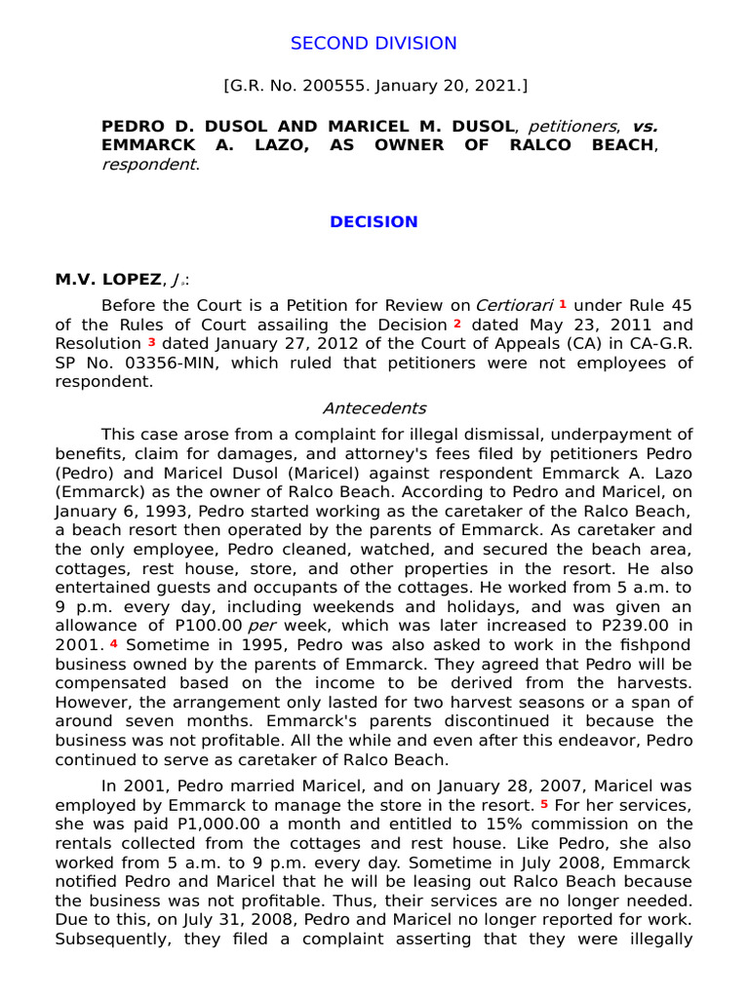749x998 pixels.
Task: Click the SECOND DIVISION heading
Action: coord(374,43)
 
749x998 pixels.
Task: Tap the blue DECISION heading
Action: coord(374,221)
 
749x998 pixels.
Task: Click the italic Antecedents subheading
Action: coord(374,408)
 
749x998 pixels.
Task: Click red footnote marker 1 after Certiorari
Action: coord(563,305)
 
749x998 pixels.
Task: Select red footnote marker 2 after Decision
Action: coord(456,324)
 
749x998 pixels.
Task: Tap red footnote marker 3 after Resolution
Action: coord(151,343)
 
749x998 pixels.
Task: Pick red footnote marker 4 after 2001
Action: coord(113,644)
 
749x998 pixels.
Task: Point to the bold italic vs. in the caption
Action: coord(645,127)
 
